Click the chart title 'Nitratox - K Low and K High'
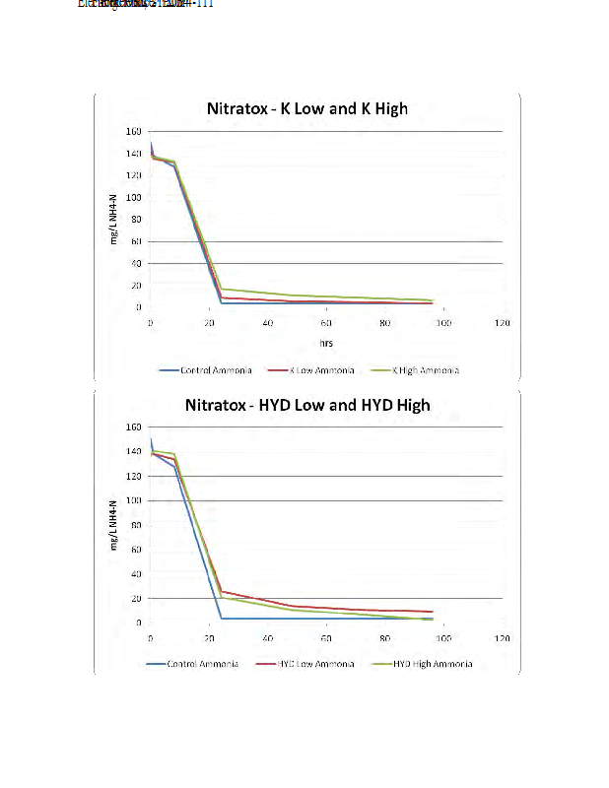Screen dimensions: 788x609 pyautogui.click(x=305, y=108)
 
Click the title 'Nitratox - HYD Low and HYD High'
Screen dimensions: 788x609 pyautogui.click(x=307, y=405)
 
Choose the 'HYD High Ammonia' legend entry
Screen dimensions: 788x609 pyautogui.click(x=433, y=664)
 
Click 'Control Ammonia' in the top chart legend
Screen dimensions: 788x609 pyautogui.click(x=216, y=370)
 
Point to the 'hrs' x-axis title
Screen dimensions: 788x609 pyautogui.click(x=325, y=344)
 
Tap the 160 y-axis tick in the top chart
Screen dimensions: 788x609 pyautogui.click(x=133, y=131)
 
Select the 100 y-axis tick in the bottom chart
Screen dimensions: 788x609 pyautogui.click(x=133, y=500)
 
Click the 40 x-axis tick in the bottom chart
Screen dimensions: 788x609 pyautogui.click(x=267, y=638)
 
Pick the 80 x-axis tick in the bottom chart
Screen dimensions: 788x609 pyautogui.click(x=384, y=638)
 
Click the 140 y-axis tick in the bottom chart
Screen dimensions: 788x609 pyautogui.click(x=133, y=451)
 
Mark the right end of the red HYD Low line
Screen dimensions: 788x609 pyautogui.click(x=433, y=612)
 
